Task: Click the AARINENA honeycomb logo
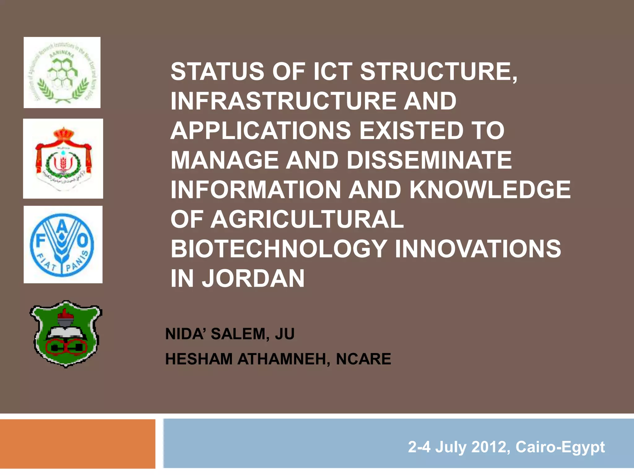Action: coord(62,72)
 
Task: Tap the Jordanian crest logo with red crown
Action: coord(63,158)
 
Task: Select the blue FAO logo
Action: coord(63,244)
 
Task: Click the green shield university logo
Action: coord(66,334)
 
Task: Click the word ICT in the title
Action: coord(332,72)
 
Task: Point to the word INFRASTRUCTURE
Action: coord(284,101)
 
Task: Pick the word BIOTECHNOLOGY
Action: coord(279,249)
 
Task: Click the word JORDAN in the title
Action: coord(253,278)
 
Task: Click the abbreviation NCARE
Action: coord(363,359)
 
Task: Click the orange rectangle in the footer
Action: coord(77,444)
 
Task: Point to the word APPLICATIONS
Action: coord(261,131)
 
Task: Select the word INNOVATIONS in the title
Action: coord(478,249)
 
